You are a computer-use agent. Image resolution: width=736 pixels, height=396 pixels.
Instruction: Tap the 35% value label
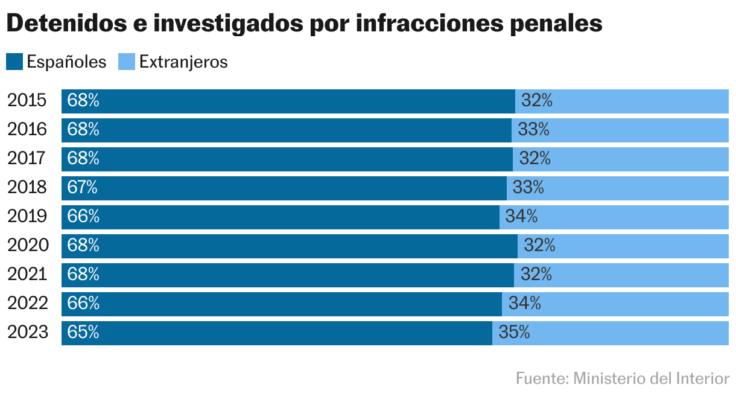tap(514, 333)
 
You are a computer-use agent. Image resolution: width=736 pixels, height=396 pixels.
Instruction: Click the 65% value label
tap(83, 333)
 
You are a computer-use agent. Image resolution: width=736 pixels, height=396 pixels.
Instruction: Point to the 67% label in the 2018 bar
tap(83, 188)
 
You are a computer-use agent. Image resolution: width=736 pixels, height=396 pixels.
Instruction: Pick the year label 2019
tap(27, 217)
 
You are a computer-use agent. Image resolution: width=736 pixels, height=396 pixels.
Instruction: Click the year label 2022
tap(27, 304)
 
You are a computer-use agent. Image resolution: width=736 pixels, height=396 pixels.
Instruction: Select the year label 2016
tap(27, 130)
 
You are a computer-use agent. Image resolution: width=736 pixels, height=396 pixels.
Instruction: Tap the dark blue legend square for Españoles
tap(14, 62)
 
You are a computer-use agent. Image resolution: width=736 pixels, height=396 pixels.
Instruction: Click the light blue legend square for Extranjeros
tap(126, 62)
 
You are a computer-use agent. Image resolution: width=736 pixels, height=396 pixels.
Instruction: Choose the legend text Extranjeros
tap(183, 62)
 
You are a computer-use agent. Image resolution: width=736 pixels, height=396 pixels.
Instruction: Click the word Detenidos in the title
tap(63, 24)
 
